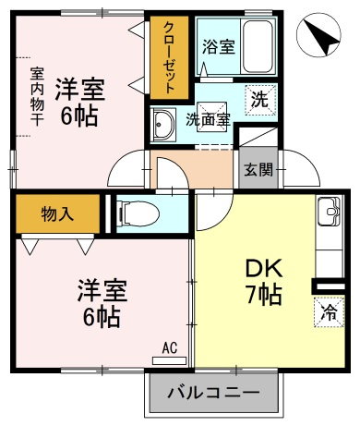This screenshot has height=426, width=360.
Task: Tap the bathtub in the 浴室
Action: click(x=258, y=46)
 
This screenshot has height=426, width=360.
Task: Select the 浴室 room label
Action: click(x=219, y=46)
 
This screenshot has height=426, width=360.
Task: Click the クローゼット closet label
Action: click(x=169, y=57)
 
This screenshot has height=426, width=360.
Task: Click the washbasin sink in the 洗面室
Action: click(x=163, y=125)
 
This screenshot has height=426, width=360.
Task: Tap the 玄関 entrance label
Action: click(x=258, y=169)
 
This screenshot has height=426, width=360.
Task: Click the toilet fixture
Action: click(x=138, y=213)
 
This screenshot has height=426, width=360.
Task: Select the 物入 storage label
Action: click(x=57, y=213)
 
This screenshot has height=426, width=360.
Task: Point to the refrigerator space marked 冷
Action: click(x=329, y=312)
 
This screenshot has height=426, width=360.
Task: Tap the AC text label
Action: click(x=170, y=348)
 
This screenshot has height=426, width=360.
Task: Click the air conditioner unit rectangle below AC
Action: click(x=169, y=360)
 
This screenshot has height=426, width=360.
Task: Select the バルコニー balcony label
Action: click(x=213, y=393)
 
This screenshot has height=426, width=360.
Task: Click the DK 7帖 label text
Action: click(x=264, y=282)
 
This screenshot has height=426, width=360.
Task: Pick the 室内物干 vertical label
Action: click(x=37, y=96)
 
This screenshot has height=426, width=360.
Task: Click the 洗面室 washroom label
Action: click(x=209, y=119)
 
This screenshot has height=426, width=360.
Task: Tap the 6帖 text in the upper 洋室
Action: click(x=79, y=116)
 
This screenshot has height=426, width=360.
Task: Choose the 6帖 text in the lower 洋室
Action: click(x=102, y=317)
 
